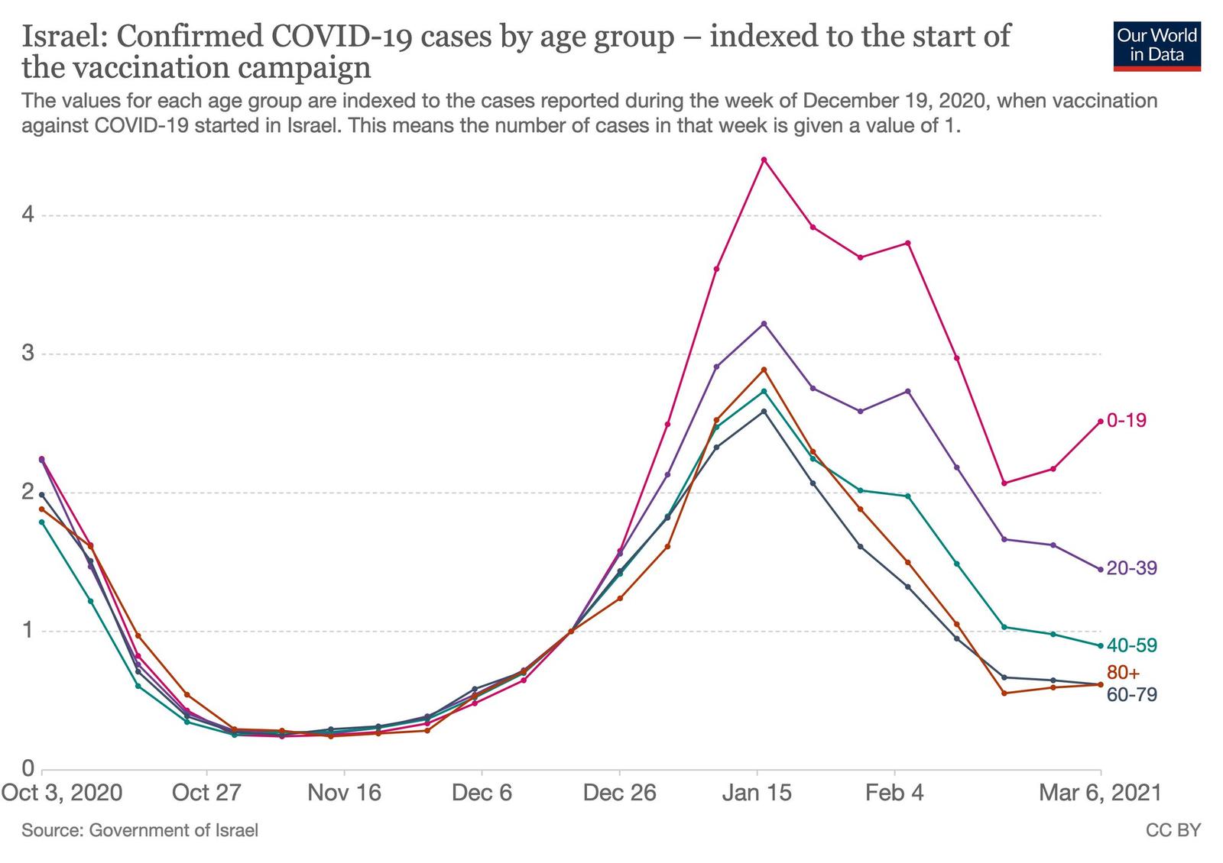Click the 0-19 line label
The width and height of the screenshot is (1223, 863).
(x=1127, y=420)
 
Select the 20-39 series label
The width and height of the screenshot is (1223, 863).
(x=1131, y=568)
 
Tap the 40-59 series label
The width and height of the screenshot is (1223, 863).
(x=1131, y=645)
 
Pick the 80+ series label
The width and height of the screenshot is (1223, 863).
(x=1123, y=673)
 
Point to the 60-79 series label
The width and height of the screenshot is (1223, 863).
(x=1131, y=694)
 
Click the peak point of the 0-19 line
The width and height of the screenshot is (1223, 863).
(x=764, y=160)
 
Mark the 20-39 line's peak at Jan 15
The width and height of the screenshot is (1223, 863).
(x=764, y=324)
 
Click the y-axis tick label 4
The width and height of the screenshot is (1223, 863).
(x=28, y=215)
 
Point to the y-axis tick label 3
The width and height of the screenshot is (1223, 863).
(x=28, y=354)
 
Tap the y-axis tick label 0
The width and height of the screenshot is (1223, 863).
(x=28, y=769)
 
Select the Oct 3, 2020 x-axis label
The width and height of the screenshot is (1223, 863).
(x=62, y=793)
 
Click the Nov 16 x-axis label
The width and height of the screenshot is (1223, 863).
(x=344, y=793)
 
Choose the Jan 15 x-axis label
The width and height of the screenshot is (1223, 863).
(x=757, y=793)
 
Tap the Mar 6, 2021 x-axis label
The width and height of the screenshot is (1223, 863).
(x=1099, y=793)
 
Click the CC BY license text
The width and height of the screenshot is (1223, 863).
(x=1173, y=830)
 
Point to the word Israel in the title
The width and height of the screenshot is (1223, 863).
(x=62, y=37)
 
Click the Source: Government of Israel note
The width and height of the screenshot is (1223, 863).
(x=140, y=830)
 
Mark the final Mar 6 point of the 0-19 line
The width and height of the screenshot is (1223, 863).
(x=1100, y=421)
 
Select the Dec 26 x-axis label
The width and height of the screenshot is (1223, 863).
(x=619, y=793)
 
